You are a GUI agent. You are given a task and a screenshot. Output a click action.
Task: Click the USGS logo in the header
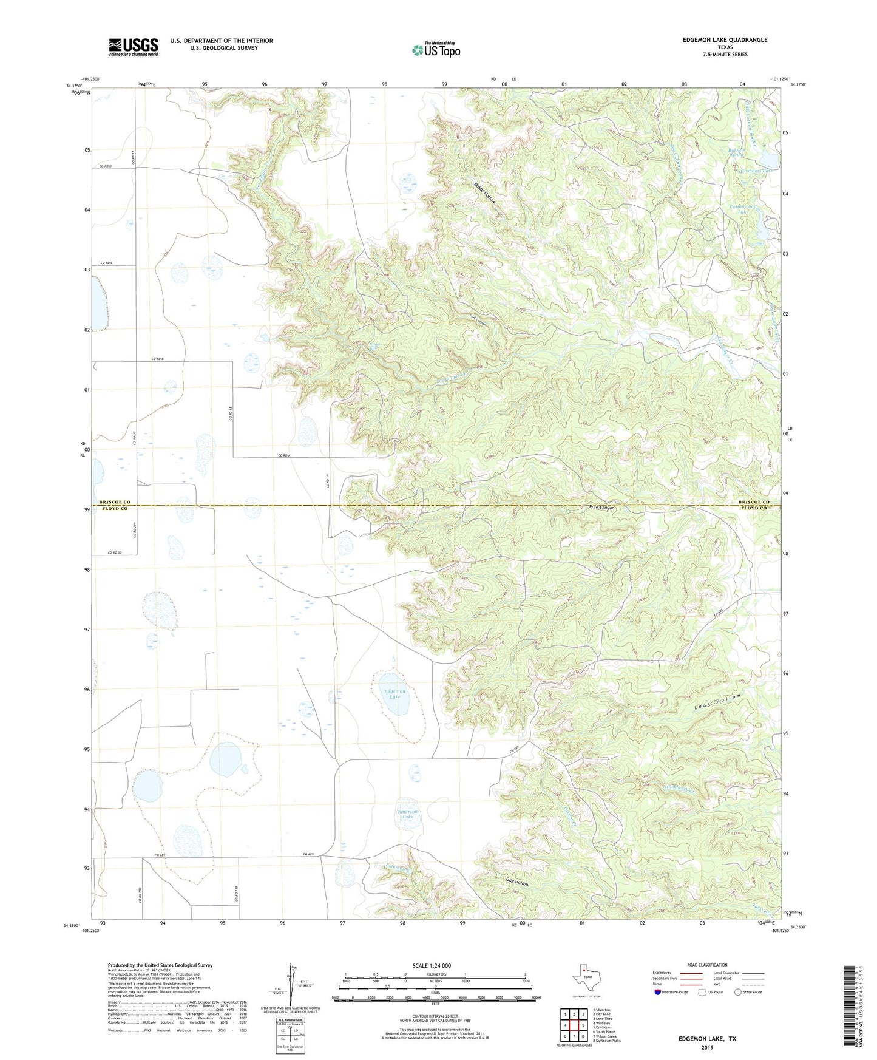(x=134, y=47)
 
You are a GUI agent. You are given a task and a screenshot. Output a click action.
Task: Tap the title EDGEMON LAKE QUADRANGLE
(x=725, y=40)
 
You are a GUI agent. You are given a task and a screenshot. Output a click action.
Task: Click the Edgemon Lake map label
(x=395, y=693)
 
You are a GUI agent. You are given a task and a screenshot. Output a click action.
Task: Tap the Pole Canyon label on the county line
(x=601, y=508)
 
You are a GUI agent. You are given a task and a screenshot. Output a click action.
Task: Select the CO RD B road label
(x=158, y=359)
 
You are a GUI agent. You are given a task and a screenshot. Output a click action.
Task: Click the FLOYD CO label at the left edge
(x=115, y=508)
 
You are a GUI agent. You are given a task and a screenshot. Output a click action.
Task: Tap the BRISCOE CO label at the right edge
(x=754, y=502)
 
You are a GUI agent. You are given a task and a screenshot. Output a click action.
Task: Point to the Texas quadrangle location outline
(x=585, y=978)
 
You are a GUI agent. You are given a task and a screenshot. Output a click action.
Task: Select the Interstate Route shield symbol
(x=658, y=992)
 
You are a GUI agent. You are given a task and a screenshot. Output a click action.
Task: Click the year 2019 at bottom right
(x=707, y=1047)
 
